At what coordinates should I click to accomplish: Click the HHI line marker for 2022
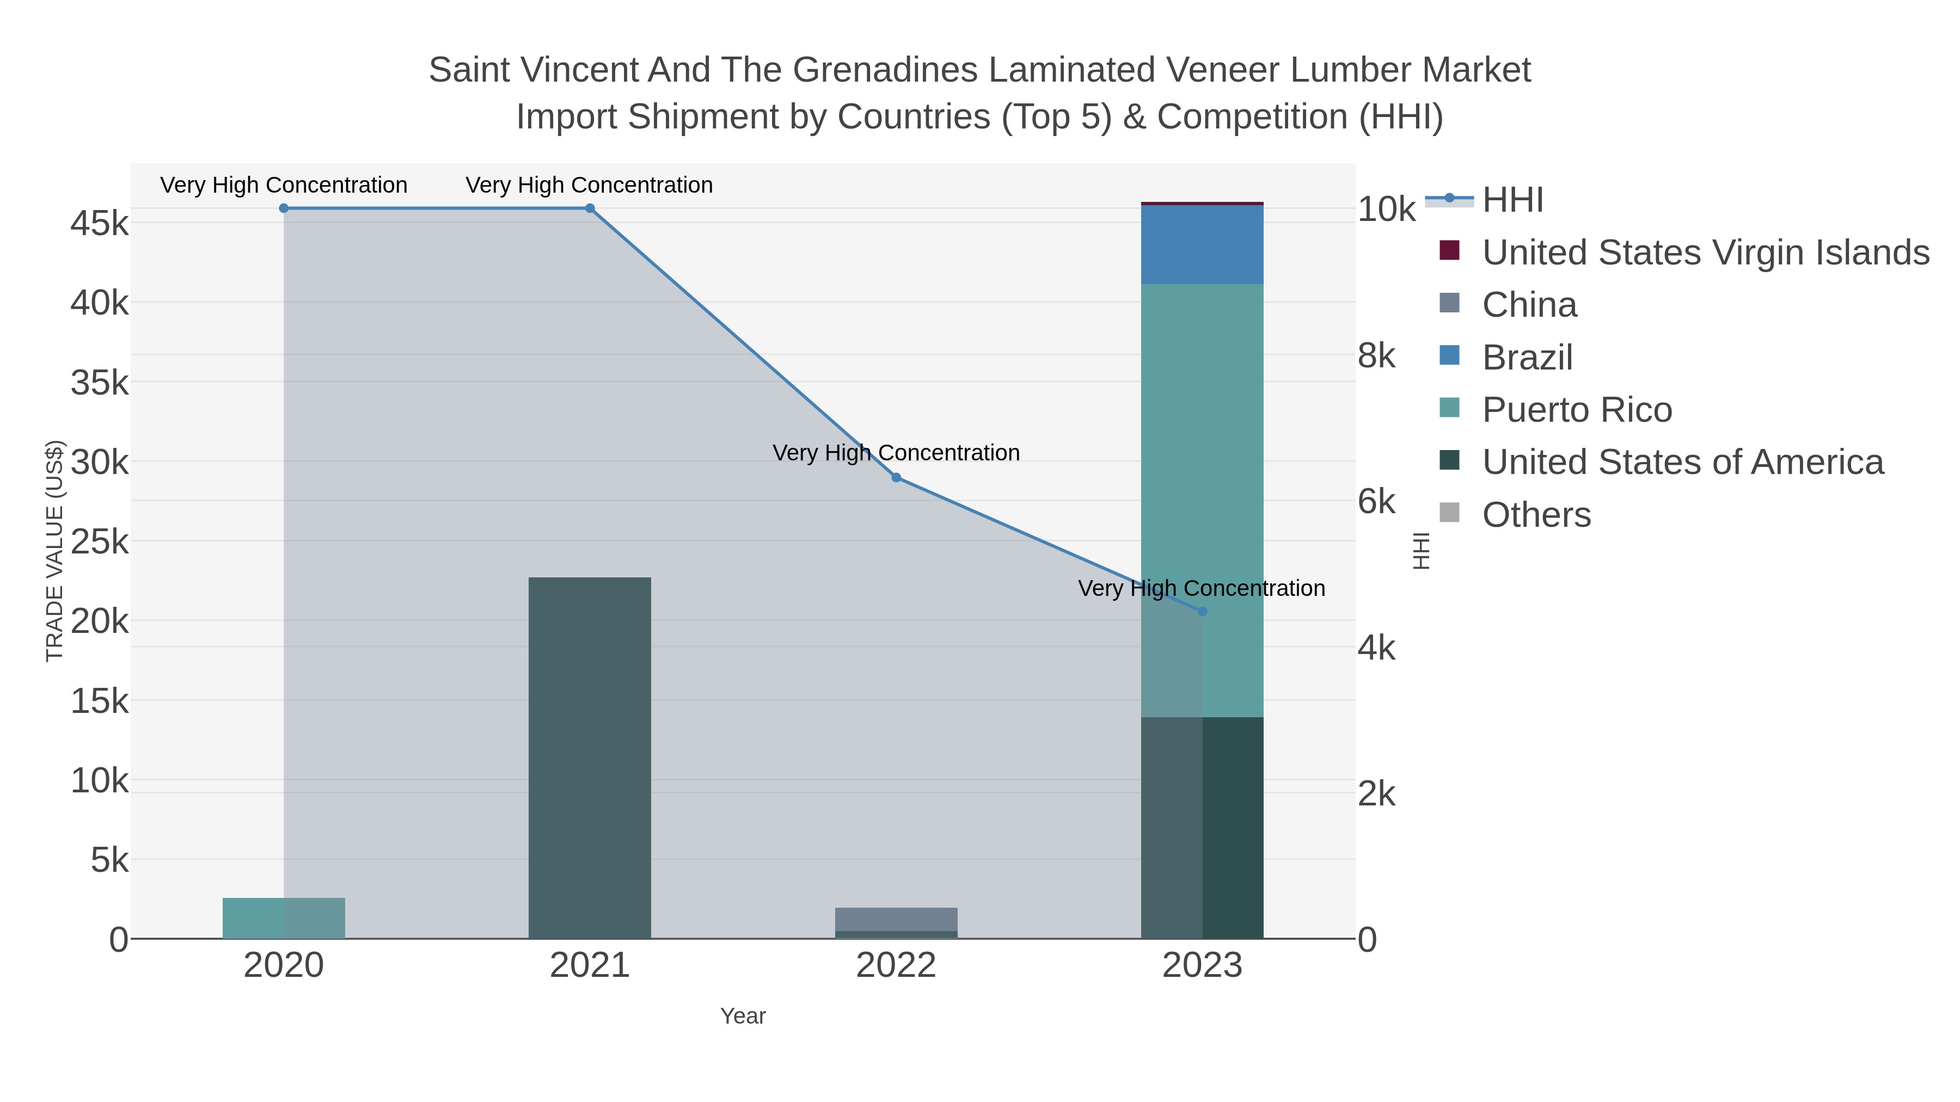(896, 478)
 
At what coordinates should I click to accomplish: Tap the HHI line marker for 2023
(1202, 612)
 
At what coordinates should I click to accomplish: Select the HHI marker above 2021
(590, 208)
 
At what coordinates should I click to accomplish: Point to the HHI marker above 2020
(284, 208)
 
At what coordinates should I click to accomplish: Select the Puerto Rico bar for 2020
(284, 918)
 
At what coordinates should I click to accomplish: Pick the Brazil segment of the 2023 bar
(1202, 244)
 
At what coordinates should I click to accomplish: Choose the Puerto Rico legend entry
(1577, 410)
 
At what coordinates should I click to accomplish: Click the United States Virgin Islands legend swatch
(1449, 250)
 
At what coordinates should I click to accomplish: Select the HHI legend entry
(1512, 200)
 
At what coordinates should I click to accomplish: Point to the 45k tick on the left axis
(100, 224)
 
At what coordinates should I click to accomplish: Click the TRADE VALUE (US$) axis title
(55, 551)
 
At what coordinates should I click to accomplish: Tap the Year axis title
(743, 1016)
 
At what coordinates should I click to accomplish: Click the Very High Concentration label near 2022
(896, 453)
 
